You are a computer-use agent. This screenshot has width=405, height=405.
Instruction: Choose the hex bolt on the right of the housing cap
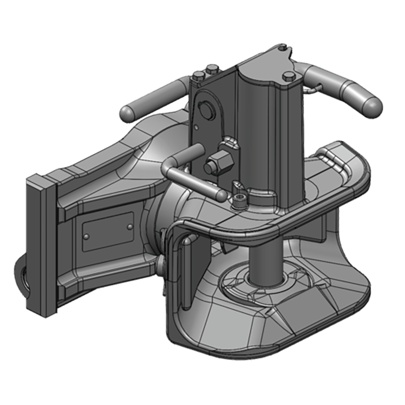[x=289, y=76]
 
